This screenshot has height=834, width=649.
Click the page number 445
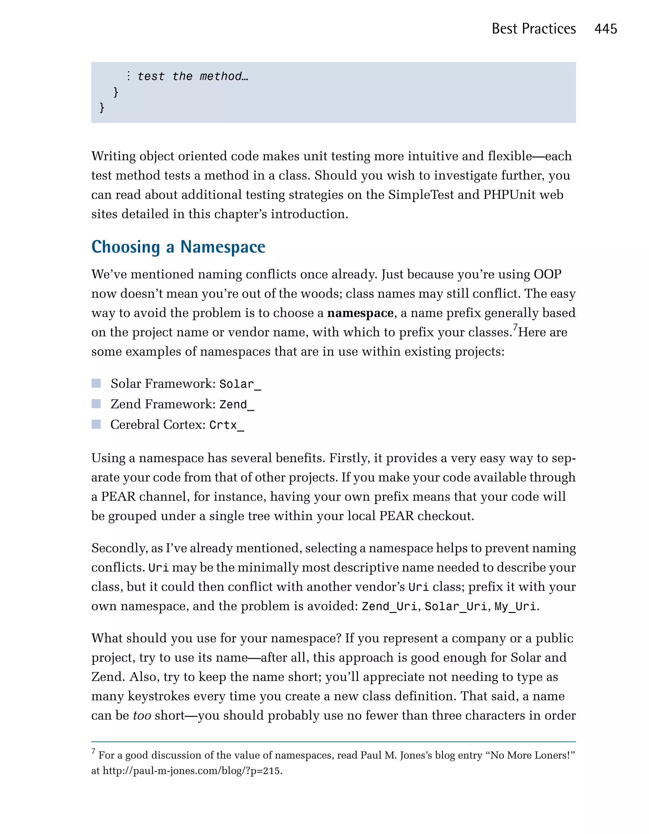tap(606, 29)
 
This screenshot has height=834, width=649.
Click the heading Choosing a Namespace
tap(178, 247)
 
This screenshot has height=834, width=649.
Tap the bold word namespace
tap(360, 313)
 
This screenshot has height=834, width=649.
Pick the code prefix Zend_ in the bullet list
tap(236, 405)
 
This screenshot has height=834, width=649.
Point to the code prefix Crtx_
tap(227, 425)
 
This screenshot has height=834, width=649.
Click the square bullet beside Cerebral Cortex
tap(96, 424)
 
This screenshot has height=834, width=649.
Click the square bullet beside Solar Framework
tap(96, 383)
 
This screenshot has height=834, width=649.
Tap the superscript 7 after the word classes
tap(515, 327)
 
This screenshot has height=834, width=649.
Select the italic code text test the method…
tap(193, 76)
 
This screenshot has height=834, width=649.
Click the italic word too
tap(142, 715)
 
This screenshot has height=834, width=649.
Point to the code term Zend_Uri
tap(389, 606)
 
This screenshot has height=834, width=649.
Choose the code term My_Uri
tap(515, 606)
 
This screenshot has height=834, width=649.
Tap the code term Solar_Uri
tap(456, 606)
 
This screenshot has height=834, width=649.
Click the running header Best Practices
tap(533, 29)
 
